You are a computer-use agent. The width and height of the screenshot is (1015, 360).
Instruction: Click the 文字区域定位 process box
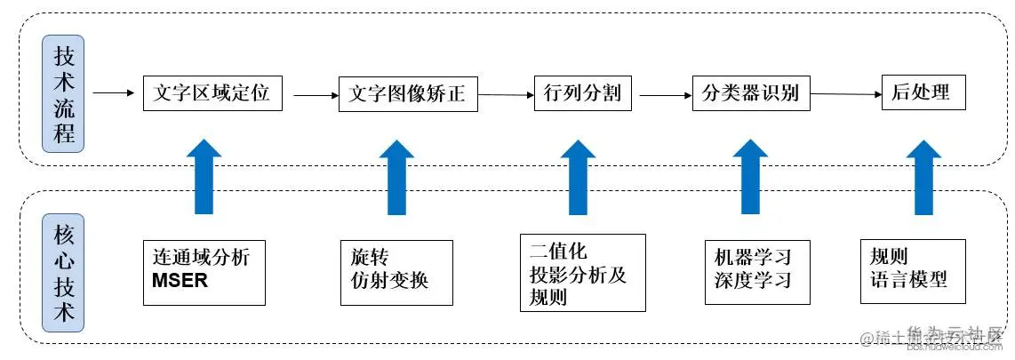(x=212, y=92)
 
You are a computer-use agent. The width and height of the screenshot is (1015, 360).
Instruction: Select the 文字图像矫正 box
(x=408, y=93)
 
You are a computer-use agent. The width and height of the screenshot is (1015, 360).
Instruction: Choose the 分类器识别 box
(x=751, y=92)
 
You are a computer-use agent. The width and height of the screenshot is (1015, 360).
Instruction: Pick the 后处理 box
(x=923, y=92)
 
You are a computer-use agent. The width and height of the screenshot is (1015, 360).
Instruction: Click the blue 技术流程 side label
(x=65, y=96)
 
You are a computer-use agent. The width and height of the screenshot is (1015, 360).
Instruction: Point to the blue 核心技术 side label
(x=65, y=276)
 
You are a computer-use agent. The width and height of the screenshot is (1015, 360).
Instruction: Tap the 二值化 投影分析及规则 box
(x=583, y=273)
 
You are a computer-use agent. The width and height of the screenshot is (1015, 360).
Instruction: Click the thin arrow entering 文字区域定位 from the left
(x=112, y=92)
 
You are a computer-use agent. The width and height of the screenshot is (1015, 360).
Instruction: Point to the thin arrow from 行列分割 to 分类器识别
(x=663, y=93)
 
